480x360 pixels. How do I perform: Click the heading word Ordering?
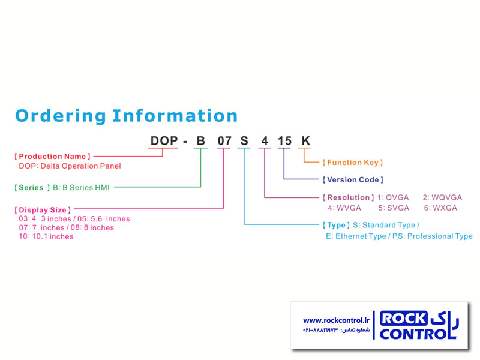point(61,116)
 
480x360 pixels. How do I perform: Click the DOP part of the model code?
point(164,141)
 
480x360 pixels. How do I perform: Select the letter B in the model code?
point(200,141)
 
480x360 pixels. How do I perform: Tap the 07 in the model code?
point(224,141)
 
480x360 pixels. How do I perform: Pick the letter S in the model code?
point(244,141)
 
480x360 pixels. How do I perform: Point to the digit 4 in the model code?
point(265,141)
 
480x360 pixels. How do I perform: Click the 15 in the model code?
point(284,141)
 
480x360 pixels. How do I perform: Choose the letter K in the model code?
point(306,141)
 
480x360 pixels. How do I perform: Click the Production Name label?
point(52,157)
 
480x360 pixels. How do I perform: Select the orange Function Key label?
point(353,163)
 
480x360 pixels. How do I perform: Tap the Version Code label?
point(353,179)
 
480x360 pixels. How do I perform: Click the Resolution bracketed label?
point(349,197)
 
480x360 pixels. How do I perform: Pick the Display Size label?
point(43,210)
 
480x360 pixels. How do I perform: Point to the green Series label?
point(32,187)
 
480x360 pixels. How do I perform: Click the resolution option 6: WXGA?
point(440,208)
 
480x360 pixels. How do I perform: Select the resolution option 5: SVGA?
point(394,208)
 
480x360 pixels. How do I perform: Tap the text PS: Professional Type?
point(433,236)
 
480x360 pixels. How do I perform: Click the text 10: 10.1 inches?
point(46,236)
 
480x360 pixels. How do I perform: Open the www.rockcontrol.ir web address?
point(336,320)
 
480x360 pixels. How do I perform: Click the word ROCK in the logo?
point(403,319)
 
